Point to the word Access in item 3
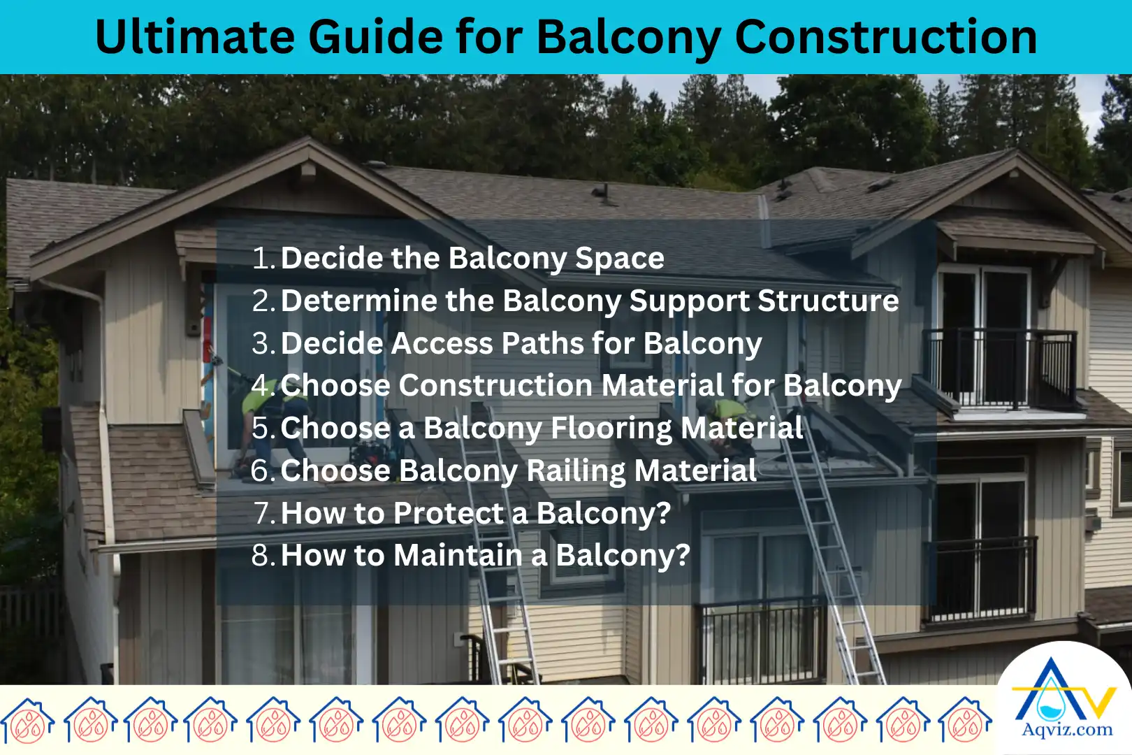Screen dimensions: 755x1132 pos(442,344)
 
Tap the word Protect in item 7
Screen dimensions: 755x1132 pos(447,514)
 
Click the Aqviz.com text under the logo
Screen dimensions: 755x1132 pos(1067,731)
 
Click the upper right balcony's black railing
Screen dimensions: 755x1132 pos(999,367)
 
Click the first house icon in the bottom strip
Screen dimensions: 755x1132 pos(27,720)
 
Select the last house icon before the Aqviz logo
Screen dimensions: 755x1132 pos(965,720)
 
